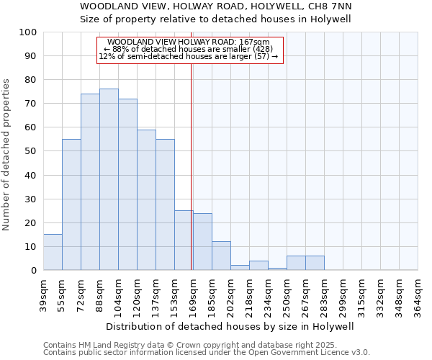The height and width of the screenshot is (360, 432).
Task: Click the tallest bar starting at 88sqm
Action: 109,179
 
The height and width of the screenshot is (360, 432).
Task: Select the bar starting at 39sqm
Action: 53,252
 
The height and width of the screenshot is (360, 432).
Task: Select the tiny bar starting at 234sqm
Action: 277,269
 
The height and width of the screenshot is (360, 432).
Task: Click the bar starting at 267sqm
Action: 315,263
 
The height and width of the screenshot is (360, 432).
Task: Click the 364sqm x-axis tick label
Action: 418,295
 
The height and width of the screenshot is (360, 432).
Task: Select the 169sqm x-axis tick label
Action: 193,295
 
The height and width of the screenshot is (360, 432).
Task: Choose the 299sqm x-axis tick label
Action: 343,295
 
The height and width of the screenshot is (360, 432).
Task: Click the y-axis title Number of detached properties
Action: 7,156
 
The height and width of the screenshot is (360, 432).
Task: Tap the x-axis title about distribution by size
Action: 230,326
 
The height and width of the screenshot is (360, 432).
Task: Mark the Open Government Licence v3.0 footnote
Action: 206,352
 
